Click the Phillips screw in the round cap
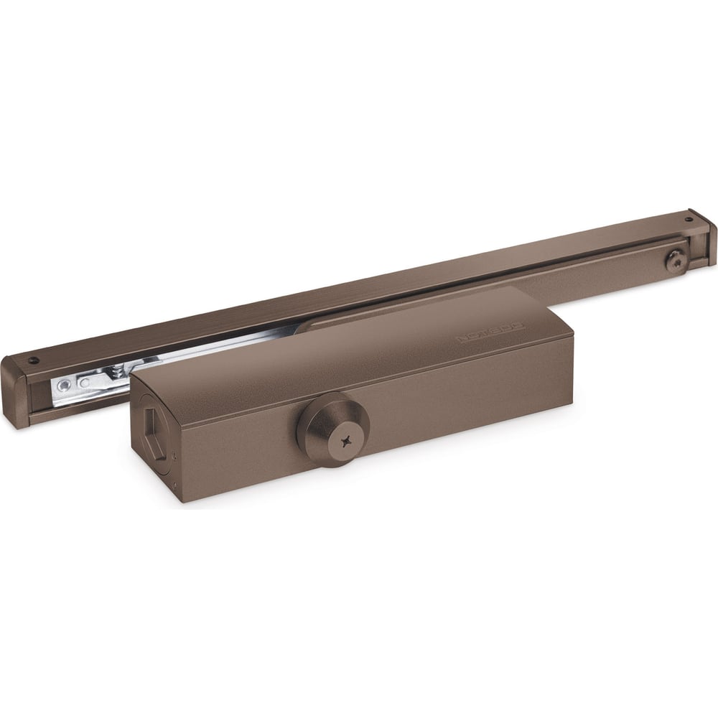click(350, 437)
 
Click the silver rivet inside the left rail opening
click(64, 386)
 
